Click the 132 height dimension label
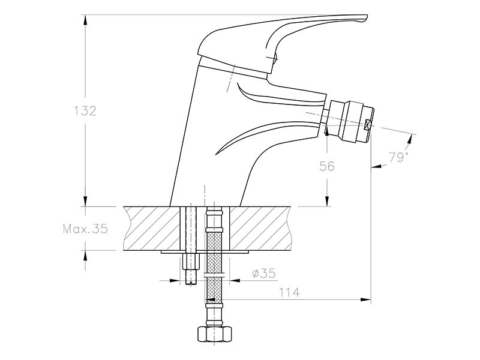click(x=85, y=110)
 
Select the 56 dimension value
click(x=327, y=166)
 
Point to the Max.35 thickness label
click(x=85, y=229)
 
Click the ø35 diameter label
click(x=264, y=273)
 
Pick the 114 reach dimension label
click(x=289, y=292)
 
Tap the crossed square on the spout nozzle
click(x=367, y=124)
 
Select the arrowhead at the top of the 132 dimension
click(x=85, y=20)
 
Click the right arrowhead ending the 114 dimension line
click(x=365, y=299)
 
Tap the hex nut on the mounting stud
click(x=191, y=261)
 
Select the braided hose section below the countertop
click(x=214, y=266)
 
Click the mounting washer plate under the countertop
click(x=205, y=252)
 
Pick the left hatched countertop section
click(x=152, y=229)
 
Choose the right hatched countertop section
click(x=260, y=229)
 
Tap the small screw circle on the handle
click(x=274, y=58)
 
